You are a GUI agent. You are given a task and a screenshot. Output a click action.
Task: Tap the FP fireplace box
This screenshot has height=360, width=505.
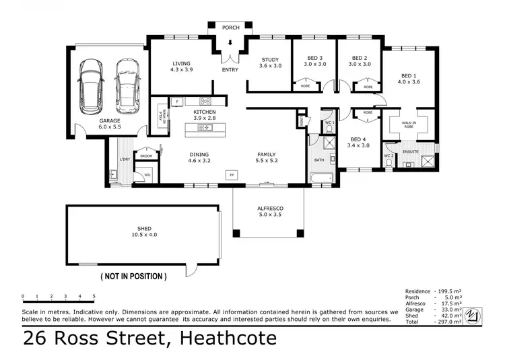point(233,174)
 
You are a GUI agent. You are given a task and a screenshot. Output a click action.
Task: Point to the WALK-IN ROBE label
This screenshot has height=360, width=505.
point(409,125)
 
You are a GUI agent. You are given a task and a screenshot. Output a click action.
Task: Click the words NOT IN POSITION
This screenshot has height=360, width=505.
point(133,276)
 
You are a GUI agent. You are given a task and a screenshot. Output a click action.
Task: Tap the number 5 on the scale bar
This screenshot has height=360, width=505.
point(94,296)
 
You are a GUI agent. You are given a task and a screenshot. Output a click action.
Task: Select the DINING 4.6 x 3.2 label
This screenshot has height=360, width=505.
point(199,157)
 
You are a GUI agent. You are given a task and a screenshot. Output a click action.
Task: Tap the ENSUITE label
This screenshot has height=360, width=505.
point(411,152)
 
